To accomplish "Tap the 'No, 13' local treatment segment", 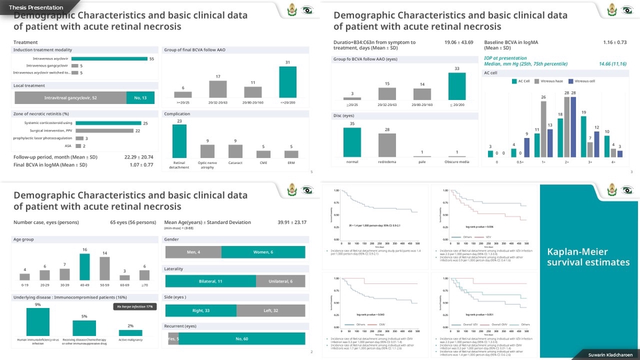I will (x=140, y=98).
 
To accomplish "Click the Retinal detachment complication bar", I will (x=179, y=141).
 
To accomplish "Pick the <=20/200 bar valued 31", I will (x=287, y=83).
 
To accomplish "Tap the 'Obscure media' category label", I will (x=457, y=162).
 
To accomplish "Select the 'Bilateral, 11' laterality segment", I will (x=211, y=281).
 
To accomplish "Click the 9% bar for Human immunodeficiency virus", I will (x=38, y=322).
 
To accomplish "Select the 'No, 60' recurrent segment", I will (x=241, y=339).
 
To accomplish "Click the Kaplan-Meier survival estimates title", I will (x=588, y=257).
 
